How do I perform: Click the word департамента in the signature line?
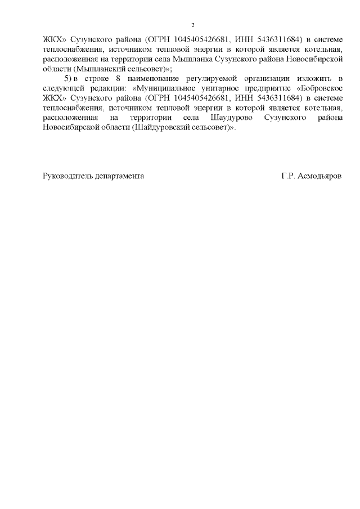(121, 176)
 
